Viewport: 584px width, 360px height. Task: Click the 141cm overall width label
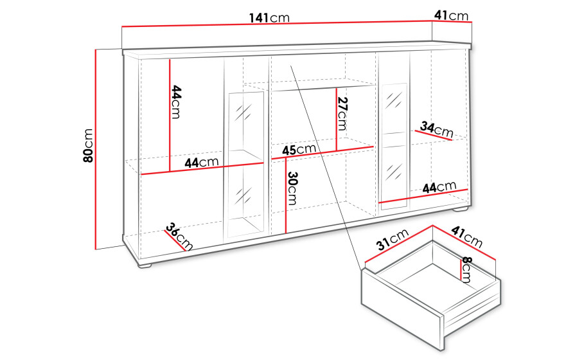click(x=269, y=18)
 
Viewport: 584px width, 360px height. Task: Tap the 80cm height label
click(x=88, y=146)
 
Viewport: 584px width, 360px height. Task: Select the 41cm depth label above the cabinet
click(x=451, y=15)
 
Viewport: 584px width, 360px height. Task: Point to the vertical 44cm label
click(x=176, y=102)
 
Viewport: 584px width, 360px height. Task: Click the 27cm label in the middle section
click(x=342, y=114)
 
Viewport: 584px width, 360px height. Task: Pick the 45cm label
click(x=299, y=150)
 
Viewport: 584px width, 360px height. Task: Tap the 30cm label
click(x=292, y=188)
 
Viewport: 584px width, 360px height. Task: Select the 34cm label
click(x=436, y=129)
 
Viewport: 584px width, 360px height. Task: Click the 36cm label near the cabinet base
click(x=179, y=237)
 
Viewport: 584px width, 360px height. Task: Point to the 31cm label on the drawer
click(x=393, y=239)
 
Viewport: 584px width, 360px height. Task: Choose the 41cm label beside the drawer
click(x=467, y=237)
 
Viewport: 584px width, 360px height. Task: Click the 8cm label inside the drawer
click(x=466, y=269)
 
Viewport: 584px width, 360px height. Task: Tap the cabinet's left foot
click(x=145, y=265)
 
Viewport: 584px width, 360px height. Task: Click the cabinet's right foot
click(x=461, y=209)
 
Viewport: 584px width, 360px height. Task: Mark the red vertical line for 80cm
click(x=96, y=149)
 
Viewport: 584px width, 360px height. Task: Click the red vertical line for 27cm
click(x=336, y=120)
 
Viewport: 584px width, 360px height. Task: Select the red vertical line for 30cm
click(x=286, y=195)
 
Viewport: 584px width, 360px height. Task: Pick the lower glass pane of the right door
click(x=394, y=174)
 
